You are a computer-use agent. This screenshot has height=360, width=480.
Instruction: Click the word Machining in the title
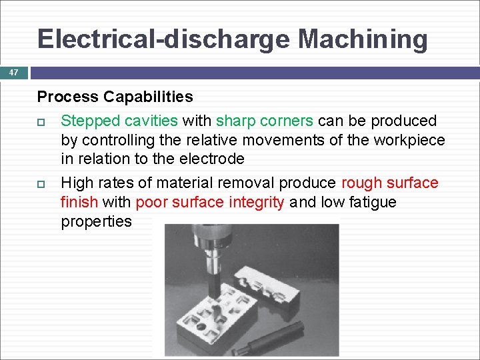coord(363,39)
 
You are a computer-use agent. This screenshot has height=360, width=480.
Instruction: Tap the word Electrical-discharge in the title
coord(164,39)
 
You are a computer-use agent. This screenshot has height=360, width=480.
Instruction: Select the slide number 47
coord(13,72)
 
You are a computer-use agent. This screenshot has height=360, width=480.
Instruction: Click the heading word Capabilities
coord(148,97)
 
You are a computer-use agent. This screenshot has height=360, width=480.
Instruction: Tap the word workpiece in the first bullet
coord(407,140)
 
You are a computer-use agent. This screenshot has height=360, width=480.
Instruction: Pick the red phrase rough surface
coord(389,183)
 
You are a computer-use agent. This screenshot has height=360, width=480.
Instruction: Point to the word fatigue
coord(370,202)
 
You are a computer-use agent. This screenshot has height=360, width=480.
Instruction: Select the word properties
coord(97,221)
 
